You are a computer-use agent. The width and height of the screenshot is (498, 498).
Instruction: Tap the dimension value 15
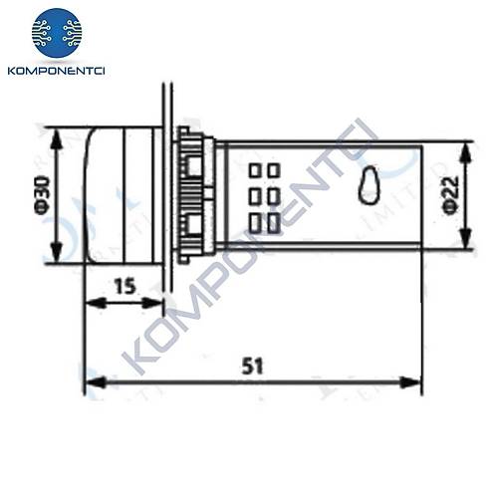point(124,287)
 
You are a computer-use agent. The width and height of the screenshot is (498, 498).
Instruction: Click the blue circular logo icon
point(57,32)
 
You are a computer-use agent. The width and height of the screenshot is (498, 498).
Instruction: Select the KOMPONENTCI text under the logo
point(57,73)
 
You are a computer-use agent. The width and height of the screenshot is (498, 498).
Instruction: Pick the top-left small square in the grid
point(254,170)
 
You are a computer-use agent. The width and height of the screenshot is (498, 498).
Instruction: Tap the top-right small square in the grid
point(272,170)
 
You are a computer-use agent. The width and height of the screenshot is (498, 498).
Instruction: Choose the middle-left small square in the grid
point(254,196)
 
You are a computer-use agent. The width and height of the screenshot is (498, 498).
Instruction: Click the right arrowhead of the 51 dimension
point(415,380)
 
